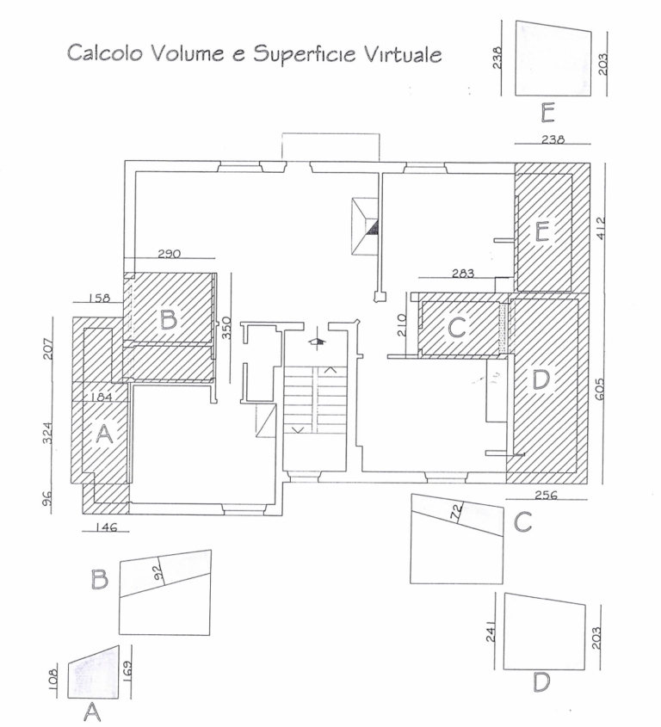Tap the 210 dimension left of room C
[402, 325]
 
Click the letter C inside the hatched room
[457, 327]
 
